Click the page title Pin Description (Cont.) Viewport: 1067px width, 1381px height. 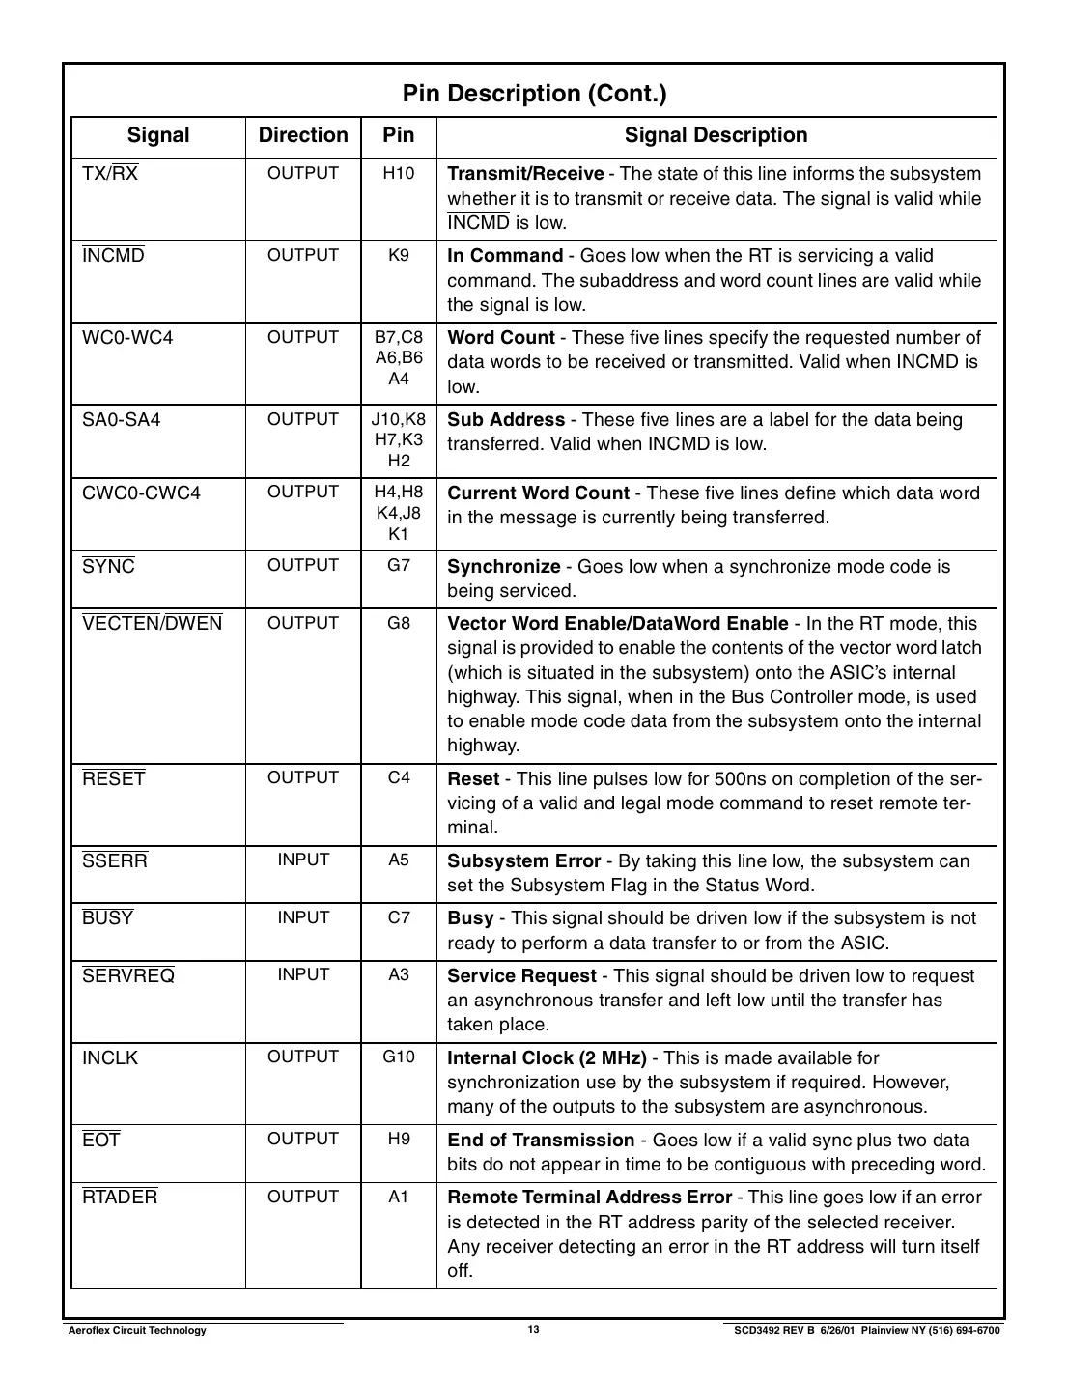pos(533,94)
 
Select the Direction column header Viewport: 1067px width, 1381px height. pos(303,135)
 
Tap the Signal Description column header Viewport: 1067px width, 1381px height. pos(716,135)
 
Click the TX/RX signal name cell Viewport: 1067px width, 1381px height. pos(110,174)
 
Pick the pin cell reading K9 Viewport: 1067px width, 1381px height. pos(399,255)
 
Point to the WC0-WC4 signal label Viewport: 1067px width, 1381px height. pos(127,338)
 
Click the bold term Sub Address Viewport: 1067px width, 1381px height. pos(506,420)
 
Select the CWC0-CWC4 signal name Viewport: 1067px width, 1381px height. pos(141,493)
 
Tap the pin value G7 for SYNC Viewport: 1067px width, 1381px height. pos(399,565)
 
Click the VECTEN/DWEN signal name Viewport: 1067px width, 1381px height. pos(153,624)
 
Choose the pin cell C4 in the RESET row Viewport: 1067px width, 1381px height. pos(399,777)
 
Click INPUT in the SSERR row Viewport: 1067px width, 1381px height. pos(303,860)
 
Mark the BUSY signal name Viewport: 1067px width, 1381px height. pos(108,918)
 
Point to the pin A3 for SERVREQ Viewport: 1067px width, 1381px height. pos(399,974)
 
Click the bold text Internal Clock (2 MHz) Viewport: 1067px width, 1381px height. pos(547,1057)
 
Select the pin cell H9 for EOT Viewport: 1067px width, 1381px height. pos(399,1139)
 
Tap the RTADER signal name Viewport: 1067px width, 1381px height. pos(120,1198)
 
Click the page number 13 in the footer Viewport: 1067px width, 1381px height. pos(533,1330)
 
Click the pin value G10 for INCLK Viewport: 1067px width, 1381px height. pos(399,1057)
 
